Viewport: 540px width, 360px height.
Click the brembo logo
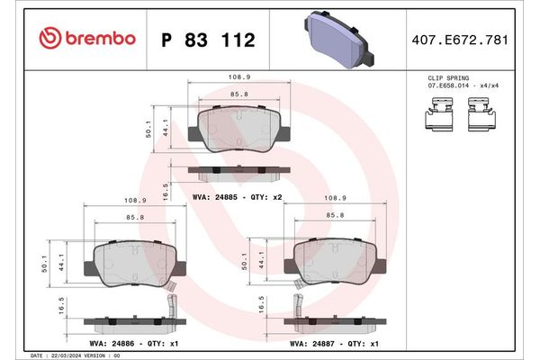tap(88, 39)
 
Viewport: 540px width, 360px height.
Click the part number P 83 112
tap(207, 40)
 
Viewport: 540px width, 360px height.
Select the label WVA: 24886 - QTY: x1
tap(126, 343)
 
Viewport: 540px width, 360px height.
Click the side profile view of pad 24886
tap(126, 320)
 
